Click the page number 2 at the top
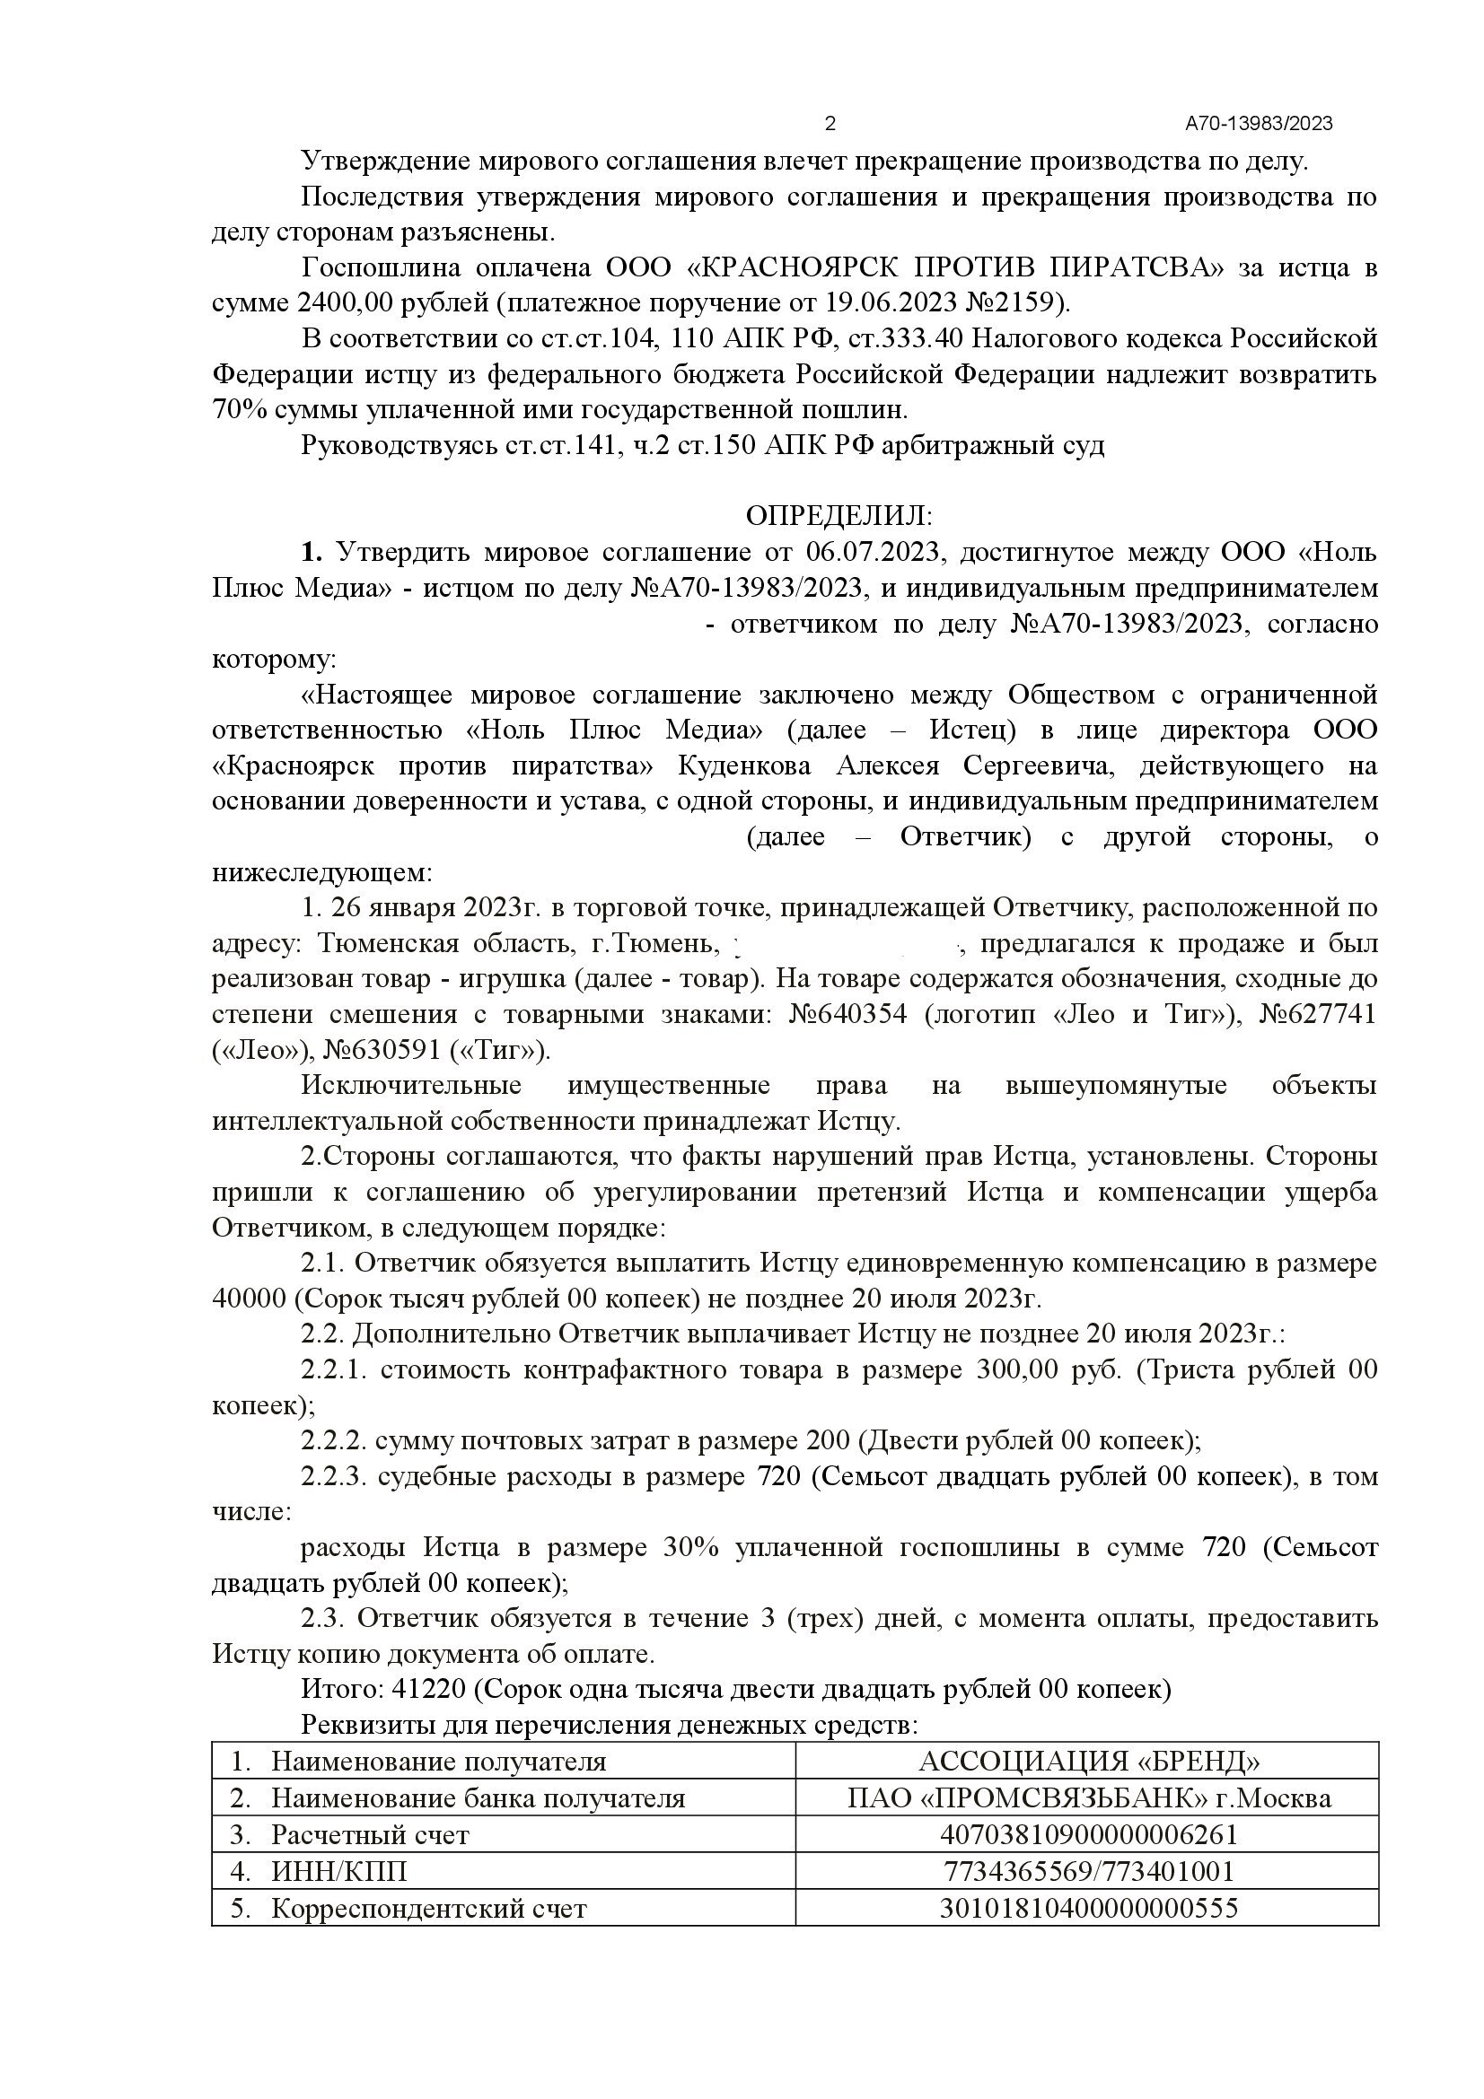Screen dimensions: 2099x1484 pyautogui.click(x=830, y=124)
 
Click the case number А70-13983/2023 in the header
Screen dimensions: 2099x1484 pyautogui.click(x=1259, y=124)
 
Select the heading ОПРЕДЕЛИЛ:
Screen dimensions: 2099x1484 pyautogui.click(x=839, y=517)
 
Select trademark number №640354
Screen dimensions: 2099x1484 pyautogui.click(x=847, y=1015)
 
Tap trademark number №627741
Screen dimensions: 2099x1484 pyautogui.click(x=1317, y=1015)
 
